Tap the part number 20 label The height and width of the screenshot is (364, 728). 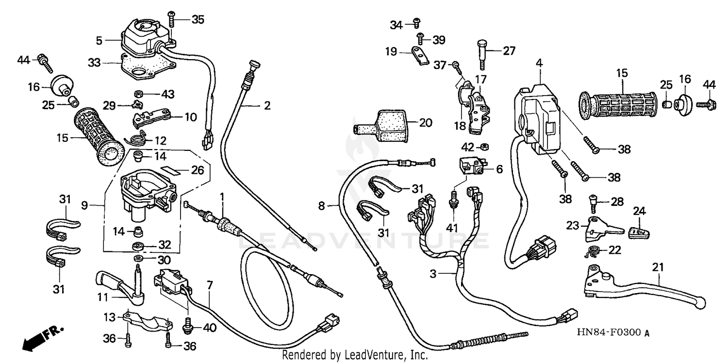(x=425, y=123)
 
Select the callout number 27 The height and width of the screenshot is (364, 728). (x=509, y=50)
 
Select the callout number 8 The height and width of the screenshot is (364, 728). (x=321, y=207)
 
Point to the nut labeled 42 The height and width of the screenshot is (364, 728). (x=484, y=147)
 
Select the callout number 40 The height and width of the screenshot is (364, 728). (x=210, y=328)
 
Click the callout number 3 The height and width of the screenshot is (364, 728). (x=433, y=274)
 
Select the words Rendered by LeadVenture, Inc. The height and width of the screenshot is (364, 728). (x=355, y=355)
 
